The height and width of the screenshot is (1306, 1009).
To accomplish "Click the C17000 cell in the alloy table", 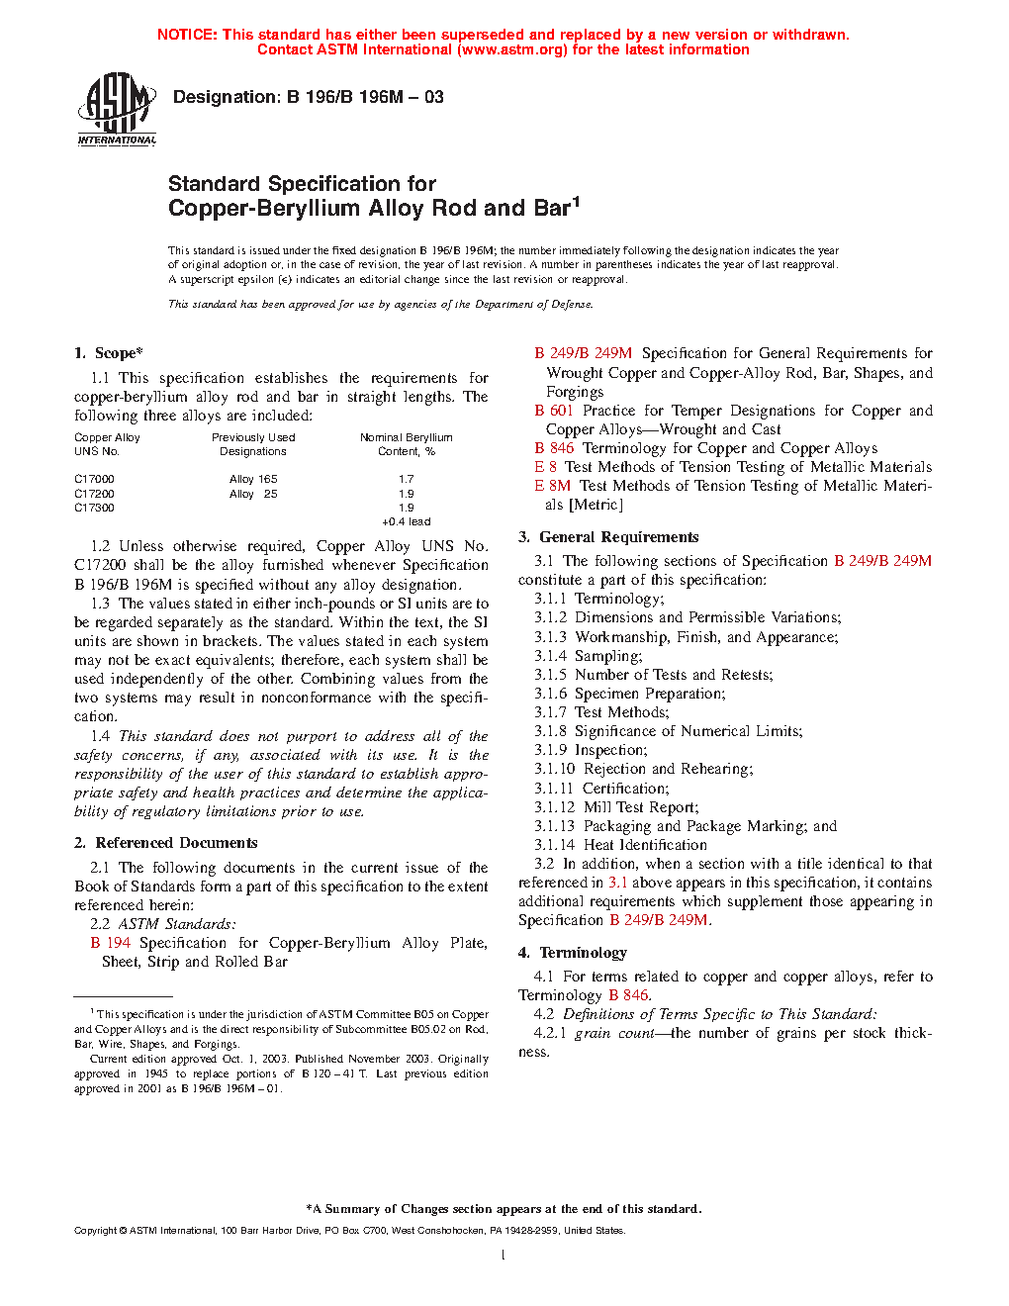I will tap(94, 479).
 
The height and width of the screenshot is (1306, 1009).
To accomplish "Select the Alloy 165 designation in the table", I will tap(253, 479).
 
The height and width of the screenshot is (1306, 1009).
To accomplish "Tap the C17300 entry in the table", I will tap(94, 508).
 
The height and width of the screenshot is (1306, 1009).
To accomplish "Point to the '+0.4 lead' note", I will tap(406, 521).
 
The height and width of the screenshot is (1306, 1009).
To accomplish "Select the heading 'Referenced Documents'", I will tap(176, 843).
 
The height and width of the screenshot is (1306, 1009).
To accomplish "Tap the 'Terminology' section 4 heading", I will tap(583, 953).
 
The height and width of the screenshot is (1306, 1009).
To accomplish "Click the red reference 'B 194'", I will tap(111, 943).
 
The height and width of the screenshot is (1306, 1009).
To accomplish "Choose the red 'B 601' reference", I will tap(554, 411).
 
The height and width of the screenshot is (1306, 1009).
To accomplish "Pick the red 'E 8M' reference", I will tap(553, 486).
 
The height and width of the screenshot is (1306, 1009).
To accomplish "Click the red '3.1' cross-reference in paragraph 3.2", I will tap(617, 883).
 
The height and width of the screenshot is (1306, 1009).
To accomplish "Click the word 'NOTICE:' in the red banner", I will tap(187, 35).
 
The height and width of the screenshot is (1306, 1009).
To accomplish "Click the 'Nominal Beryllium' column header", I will tap(406, 437).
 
